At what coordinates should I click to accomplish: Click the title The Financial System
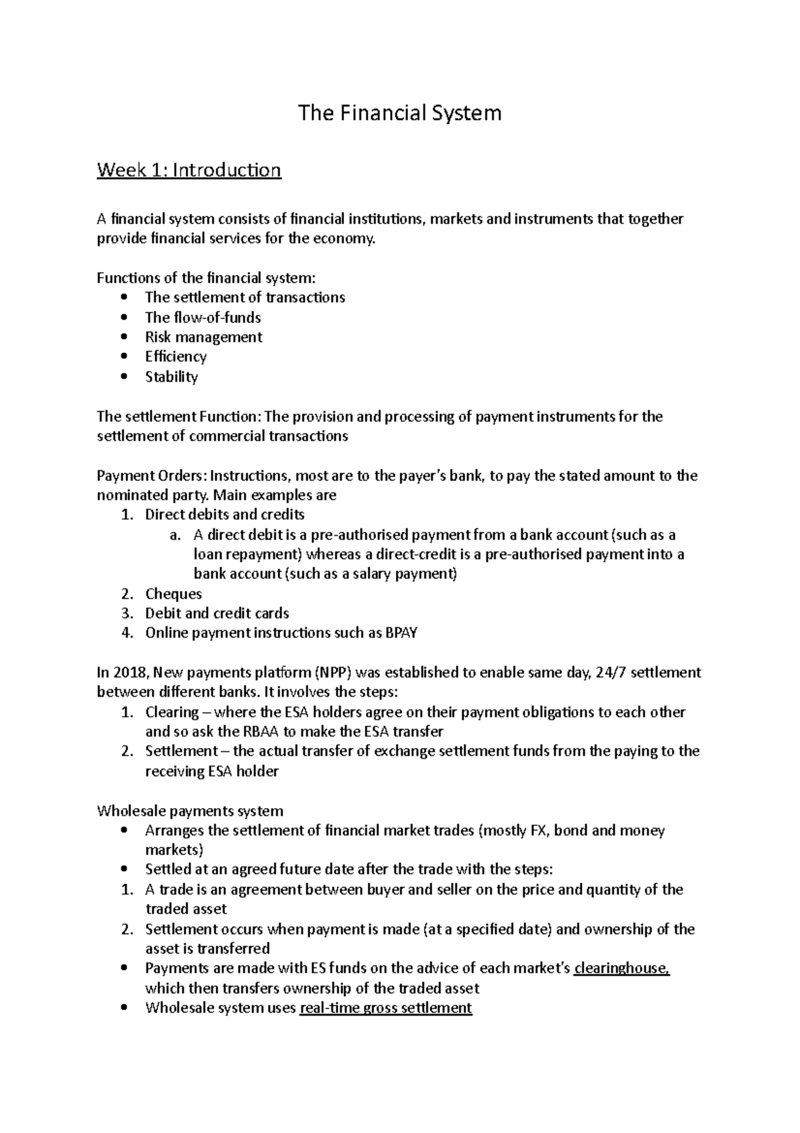pyautogui.click(x=399, y=113)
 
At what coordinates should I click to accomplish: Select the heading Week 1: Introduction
pyautogui.click(x=189, y=170)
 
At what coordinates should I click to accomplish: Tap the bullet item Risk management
pyautogui.click(x=203, y=337)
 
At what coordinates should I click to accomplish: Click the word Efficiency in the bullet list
pyautogui.click(x=176, y=357)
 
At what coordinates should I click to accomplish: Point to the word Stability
pyautogui.click(x=171, y=377)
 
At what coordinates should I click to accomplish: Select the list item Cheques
pyautogui.click(x=173, y=594)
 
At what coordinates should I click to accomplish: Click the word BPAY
pyautogui.click(x=401, y=633)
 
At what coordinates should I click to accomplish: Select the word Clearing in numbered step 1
pyautogui.click(x=172, y=712)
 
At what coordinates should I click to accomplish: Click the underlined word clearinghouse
pyautogui.click(x=621, y=968)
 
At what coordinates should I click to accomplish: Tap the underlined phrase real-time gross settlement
pyautogui.click(x=386, y=1008)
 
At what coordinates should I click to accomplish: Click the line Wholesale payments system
pyautogui.click(x=190, y=811)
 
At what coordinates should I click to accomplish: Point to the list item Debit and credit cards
pyautogui.click(x=217, y=613)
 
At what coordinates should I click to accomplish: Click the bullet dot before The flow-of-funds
pyautogui.click(x=125, y=318)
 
